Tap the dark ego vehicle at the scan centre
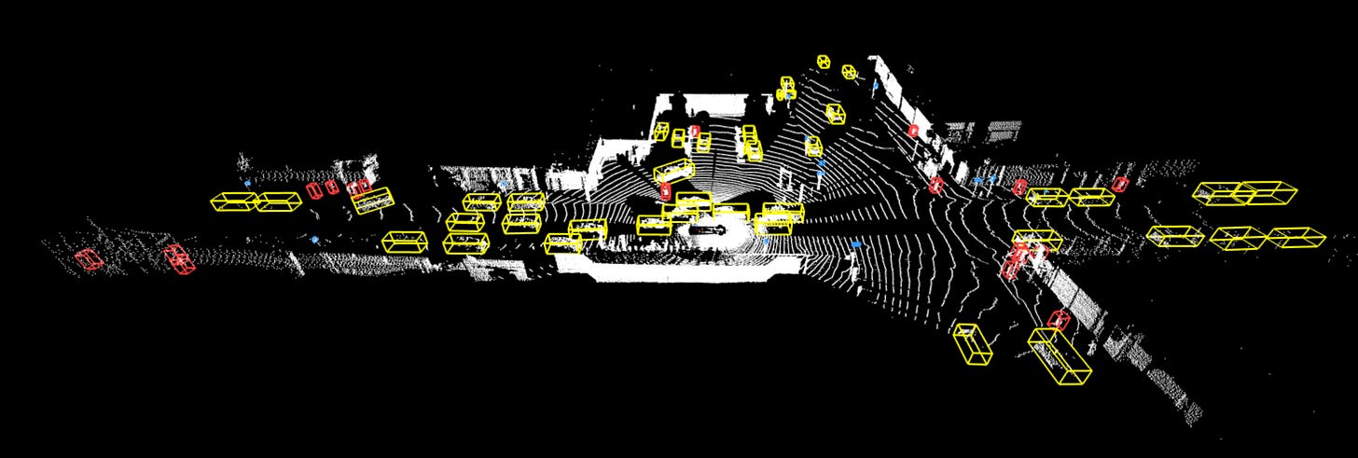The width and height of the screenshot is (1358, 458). click(707, 227)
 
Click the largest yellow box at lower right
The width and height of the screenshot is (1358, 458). click(1060, 355)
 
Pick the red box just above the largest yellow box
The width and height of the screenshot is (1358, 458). click(1058, 319)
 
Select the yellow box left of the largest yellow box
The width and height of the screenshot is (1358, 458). click(972, 343)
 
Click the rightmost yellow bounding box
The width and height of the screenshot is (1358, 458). click(1296, 237)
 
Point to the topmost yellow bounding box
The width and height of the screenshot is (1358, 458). click(824, 62)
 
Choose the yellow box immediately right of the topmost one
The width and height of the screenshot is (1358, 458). click(849, 71)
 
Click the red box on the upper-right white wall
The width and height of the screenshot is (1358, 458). click(913, 132)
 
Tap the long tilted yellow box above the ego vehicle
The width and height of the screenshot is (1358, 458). click(673, 171)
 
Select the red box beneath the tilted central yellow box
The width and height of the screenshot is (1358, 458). click(665, 191)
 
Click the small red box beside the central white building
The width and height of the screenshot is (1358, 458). click(694, 132)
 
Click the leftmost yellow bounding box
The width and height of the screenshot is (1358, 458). click(233, 201)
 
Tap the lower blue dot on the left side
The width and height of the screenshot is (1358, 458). click(315, 240)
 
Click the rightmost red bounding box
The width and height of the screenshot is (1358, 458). click(1121, 184)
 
